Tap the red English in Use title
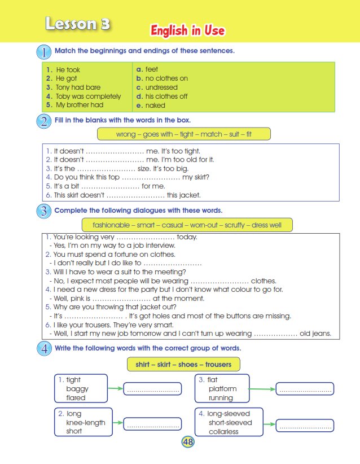(x=187, y=30)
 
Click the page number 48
(x=188, y=442)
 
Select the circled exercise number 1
(x=44, y=52)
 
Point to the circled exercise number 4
(x=44, y=349)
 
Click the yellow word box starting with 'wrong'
(x=184, y=134)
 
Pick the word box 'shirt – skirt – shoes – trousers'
(x=184, y=365)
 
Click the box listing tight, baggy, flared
(x=81, y=389)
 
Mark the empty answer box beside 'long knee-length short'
(x=152, y=424)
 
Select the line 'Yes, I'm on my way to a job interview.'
(x=113, y=246)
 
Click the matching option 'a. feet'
(x=148, y=70)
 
